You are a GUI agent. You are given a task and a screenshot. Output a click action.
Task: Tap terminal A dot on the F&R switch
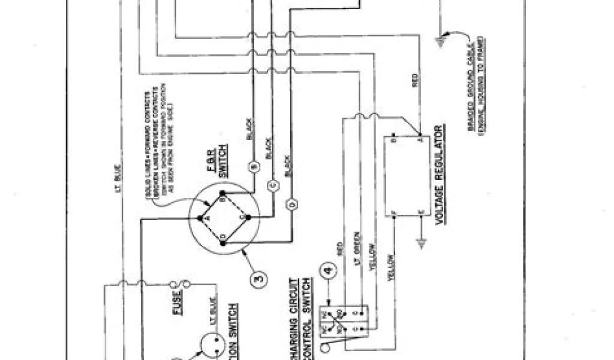[201, 217]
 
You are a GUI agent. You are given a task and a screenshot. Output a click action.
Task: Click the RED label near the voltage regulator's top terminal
[415, 81]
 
